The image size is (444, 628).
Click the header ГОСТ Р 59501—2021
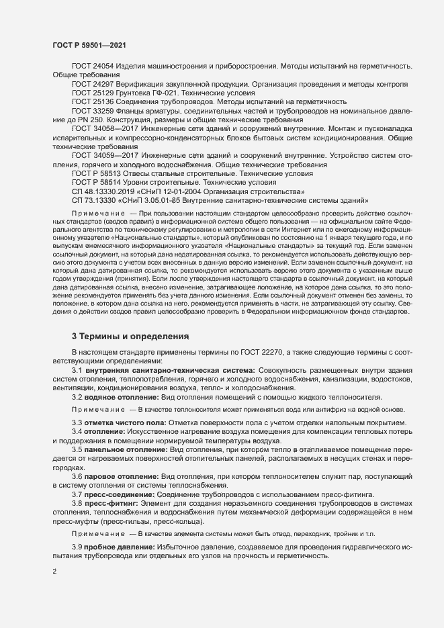(x=89, y=45)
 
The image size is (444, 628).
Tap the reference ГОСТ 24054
(x=93, y=67)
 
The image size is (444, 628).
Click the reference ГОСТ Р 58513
(x=97, y=173)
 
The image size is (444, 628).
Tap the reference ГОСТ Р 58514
(x=97, y=182)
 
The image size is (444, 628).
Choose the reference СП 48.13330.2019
(x=102, y=191)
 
